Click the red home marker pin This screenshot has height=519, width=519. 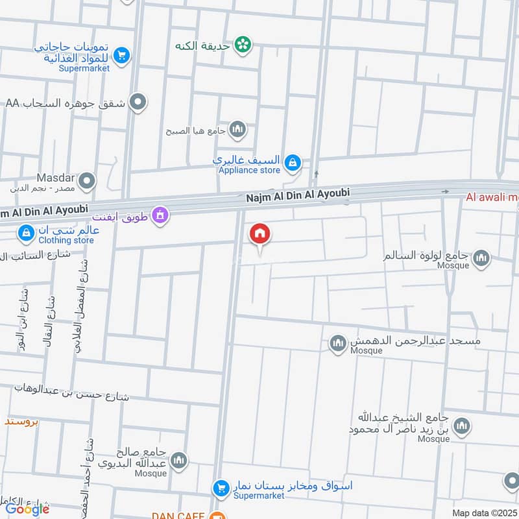coord(260,234)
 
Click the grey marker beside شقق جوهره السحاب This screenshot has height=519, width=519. coord(138,102)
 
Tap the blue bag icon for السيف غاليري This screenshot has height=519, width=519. coord(293,162)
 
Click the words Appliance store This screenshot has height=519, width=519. coord(250,171)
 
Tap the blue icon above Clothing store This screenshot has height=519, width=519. coord(27,232)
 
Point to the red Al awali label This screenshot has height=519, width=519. coord(491,198)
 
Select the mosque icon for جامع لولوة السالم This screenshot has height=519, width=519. coord(481,259)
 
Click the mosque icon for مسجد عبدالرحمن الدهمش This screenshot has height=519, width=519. coord(337,344)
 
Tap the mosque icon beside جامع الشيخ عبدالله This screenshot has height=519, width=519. coord(462,426)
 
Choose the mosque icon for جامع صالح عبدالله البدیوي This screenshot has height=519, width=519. coord(179,460)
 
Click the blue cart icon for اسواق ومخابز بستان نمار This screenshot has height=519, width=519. coord(221,488)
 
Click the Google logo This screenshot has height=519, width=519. coord(28,509)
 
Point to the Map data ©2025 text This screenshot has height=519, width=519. coord(483,513)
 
